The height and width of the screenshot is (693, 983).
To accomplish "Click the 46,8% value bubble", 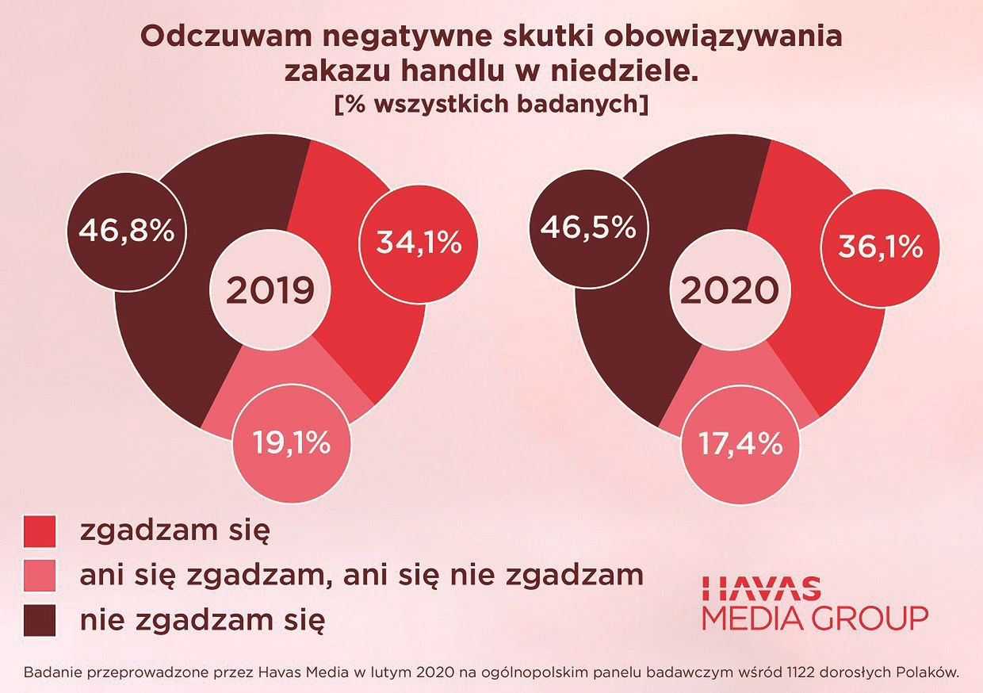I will (x=125, y=232).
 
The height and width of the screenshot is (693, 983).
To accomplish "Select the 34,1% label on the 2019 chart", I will (x=418, y=243).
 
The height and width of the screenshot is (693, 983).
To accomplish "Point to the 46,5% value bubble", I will (x=587, y=228).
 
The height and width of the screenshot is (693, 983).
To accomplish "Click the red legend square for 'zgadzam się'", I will (x=40, y=530).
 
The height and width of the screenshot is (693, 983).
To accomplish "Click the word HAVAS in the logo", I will (x=761, y=588).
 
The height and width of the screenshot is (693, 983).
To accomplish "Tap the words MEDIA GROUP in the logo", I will (x=815, y=618).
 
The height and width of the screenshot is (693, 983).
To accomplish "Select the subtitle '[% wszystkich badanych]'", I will (x=491, y=105).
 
